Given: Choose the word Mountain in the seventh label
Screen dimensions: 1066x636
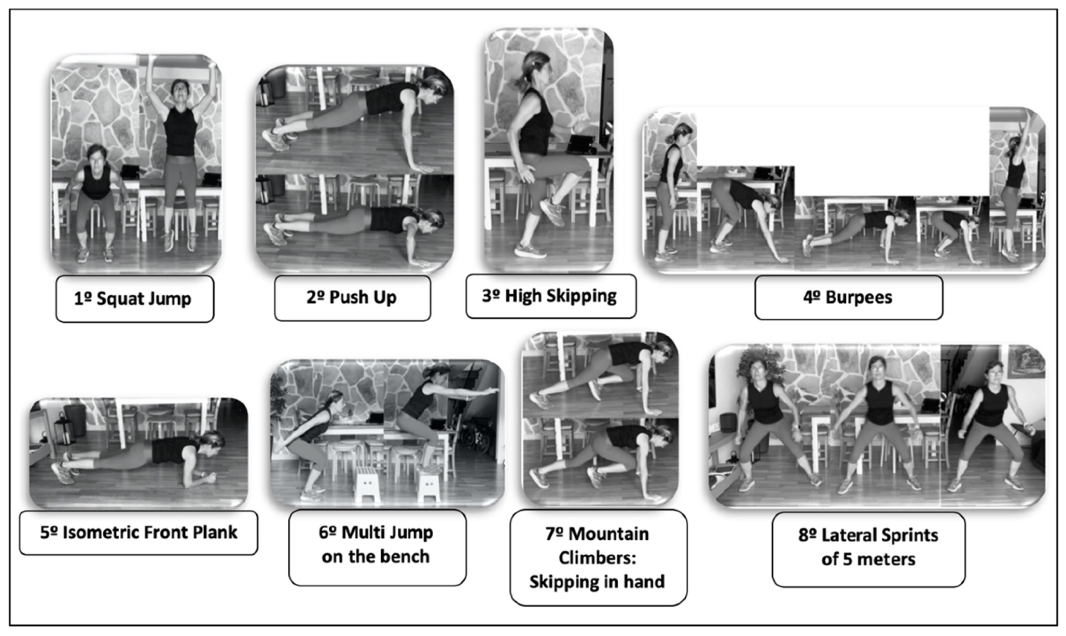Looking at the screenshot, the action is pos(608,534).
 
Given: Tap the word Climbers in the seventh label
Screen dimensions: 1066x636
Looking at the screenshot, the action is pos(597,558).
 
